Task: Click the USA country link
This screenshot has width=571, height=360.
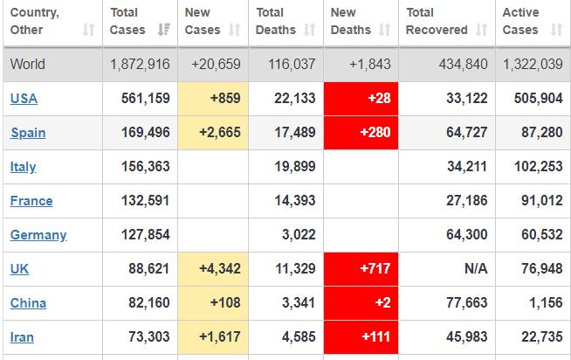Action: point(24,99)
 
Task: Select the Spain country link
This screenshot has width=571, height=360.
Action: point(28,133)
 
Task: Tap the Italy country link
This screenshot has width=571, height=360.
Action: point(23,167)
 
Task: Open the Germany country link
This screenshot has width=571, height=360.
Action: point(38,235)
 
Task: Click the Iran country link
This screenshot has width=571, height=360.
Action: point(22,337)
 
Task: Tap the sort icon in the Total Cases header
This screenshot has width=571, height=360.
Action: point(163,30)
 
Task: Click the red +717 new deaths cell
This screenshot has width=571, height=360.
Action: point(361,269)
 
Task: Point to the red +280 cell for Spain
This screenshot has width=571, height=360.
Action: point(361,133)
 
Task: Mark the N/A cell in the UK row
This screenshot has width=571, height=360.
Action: point(476,269)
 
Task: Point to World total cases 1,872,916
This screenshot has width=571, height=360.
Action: point(140,65)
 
